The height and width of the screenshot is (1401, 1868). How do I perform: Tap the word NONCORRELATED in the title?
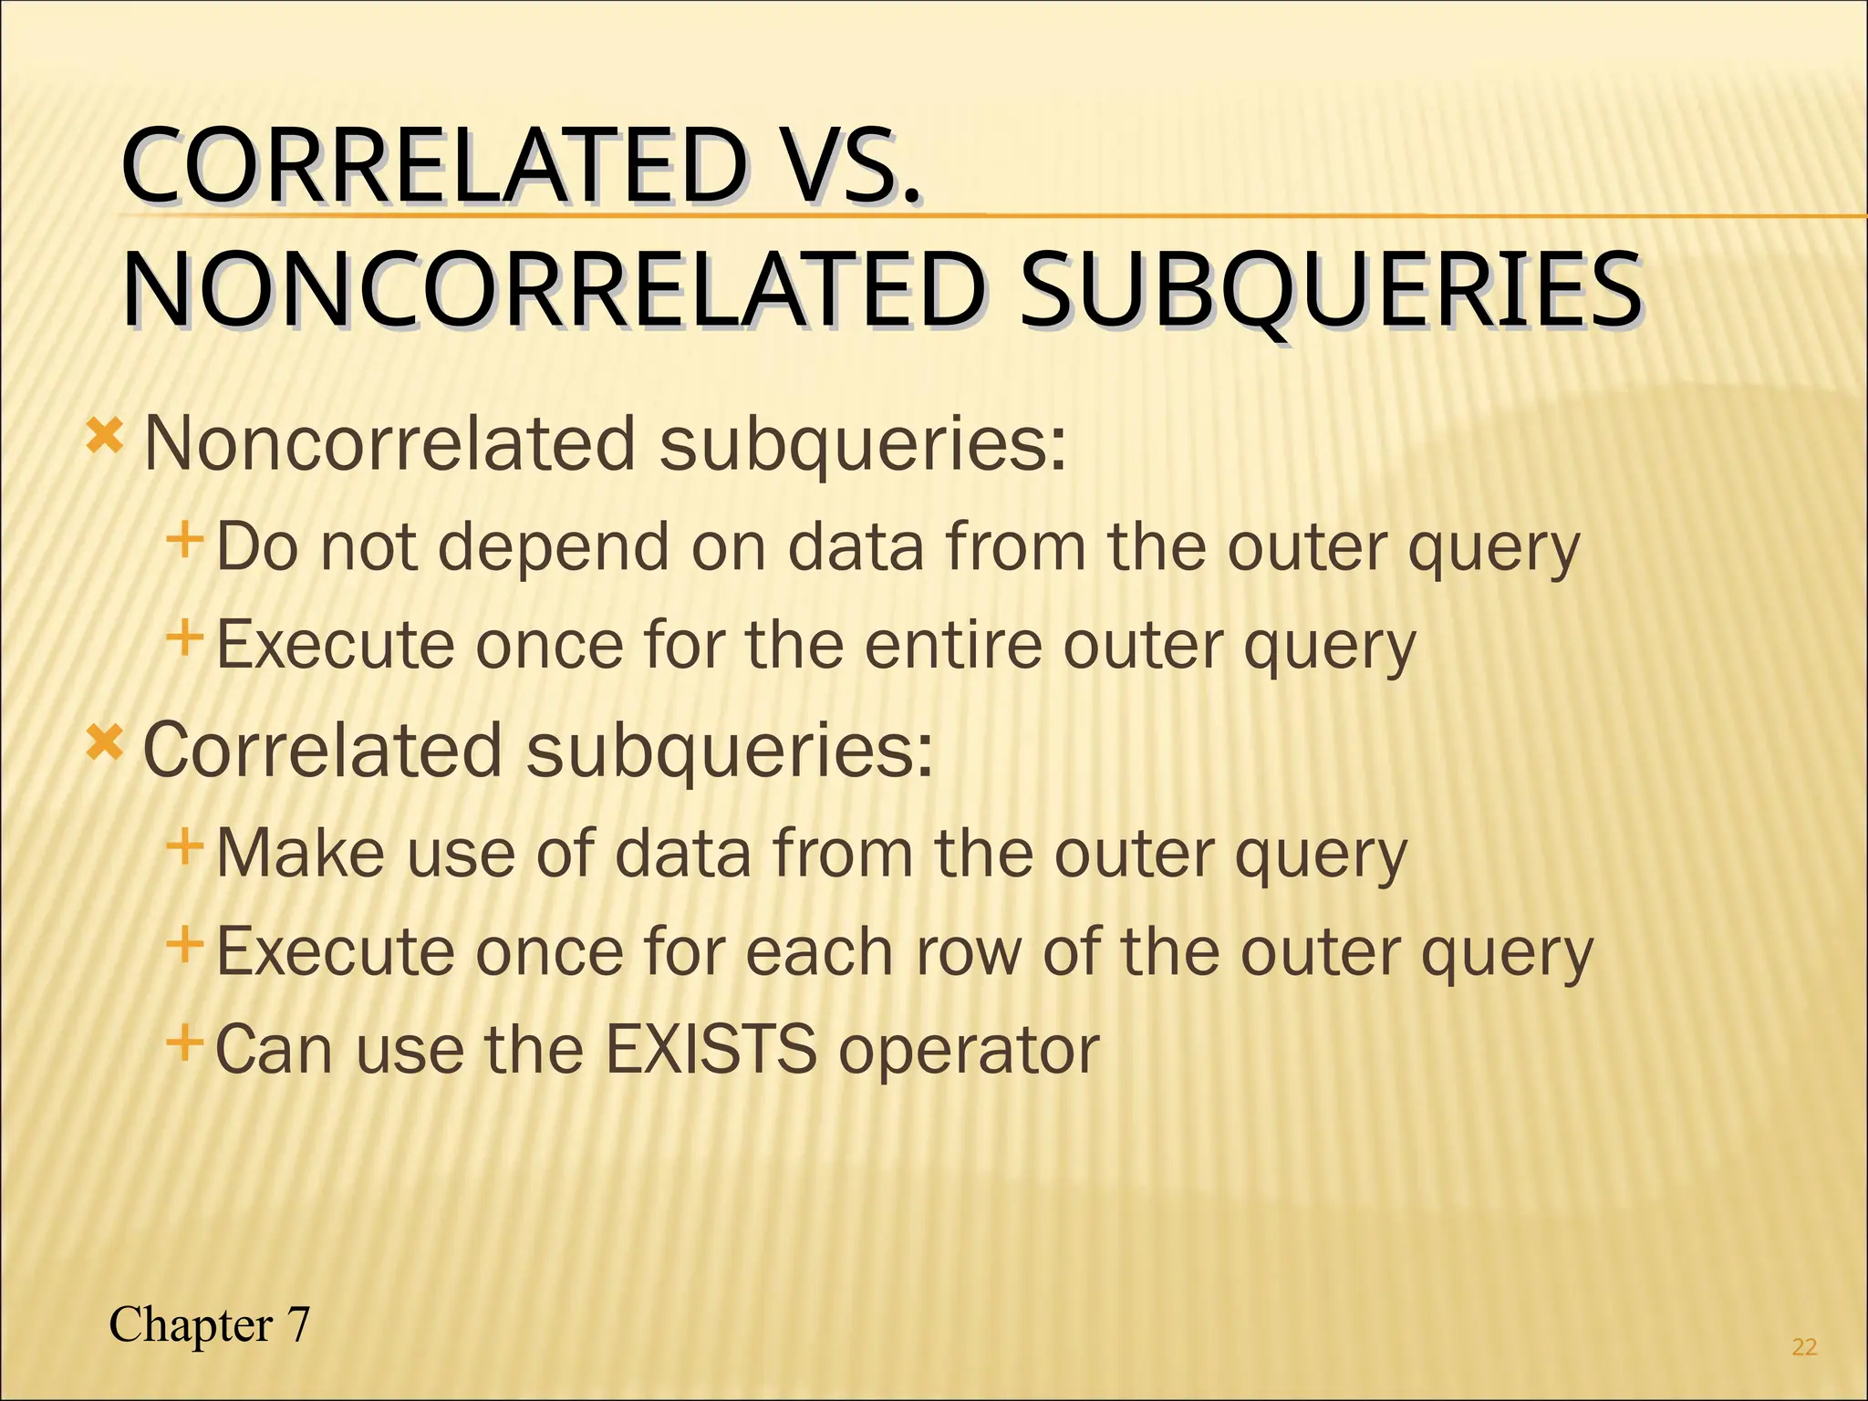554,292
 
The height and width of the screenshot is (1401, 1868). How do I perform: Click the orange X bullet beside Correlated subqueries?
104,743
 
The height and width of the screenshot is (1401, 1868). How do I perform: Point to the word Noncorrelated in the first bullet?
389,444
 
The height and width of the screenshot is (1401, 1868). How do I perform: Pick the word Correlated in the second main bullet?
323,751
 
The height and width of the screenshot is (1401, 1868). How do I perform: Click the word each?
819,952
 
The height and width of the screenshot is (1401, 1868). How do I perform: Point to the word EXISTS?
711,1050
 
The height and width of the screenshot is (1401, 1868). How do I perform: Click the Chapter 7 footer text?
210,1324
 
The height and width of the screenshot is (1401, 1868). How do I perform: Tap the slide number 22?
1804,1347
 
